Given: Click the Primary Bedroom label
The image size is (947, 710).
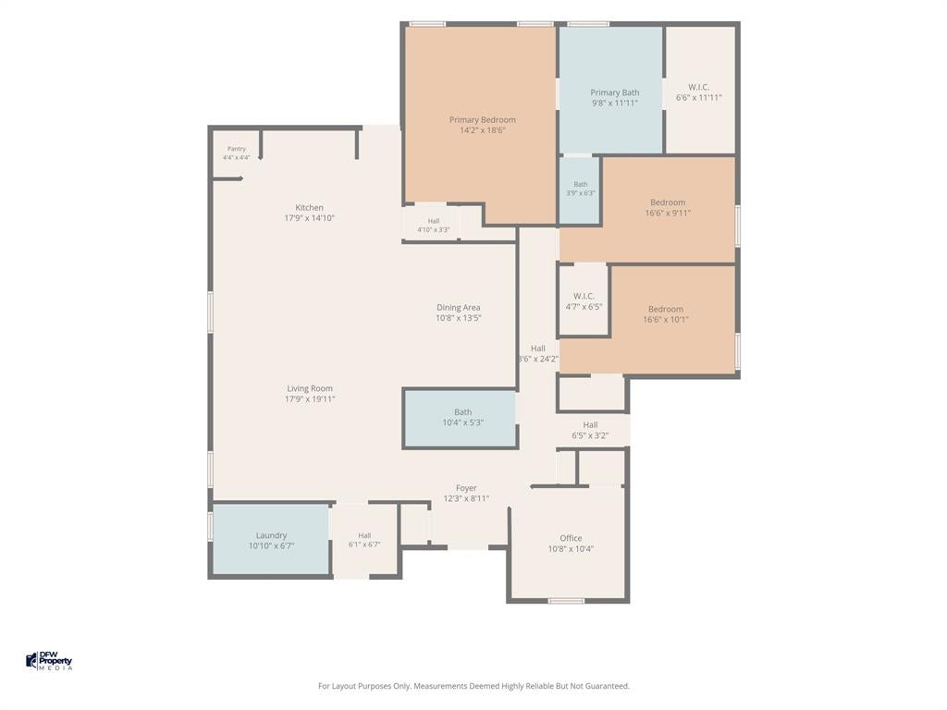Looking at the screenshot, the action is point(483,119).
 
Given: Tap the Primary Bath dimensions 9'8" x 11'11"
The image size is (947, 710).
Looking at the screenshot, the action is point(614,104).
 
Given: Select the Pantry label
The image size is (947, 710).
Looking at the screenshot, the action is point(237,149).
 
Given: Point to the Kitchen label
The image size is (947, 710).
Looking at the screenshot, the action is point(309,208).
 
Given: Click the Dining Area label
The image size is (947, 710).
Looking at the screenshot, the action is point(459,307).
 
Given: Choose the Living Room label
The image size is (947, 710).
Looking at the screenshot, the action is point(310,389).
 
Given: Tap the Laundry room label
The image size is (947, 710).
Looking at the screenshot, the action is point(271,535).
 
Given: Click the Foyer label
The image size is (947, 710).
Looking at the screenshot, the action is point(466,488).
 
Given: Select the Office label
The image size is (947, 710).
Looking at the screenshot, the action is point(571,538).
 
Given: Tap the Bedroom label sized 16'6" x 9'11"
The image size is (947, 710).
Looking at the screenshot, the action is point(668,202).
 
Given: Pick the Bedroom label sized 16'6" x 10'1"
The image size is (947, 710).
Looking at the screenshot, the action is point(666,309).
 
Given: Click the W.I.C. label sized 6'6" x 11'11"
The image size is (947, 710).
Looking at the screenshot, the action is point(699,87).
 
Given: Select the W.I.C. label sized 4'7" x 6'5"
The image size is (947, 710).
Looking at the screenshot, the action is point(584,296).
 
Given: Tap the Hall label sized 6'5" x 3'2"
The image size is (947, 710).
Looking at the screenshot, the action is point(590,425).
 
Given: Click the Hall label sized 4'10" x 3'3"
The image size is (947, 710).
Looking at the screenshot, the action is point(434,221).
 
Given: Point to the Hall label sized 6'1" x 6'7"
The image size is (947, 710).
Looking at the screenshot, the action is point(364,535).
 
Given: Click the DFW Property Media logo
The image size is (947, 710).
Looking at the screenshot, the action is point(49,660).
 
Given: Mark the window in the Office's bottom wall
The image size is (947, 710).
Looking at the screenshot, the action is point(567,601).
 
